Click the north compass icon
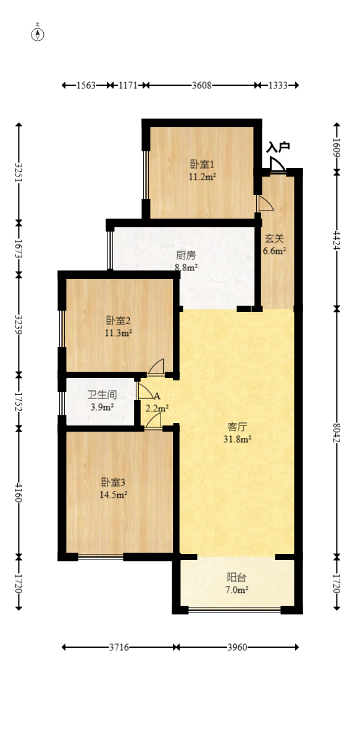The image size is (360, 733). [38, 34]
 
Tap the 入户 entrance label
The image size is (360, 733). [278, 148]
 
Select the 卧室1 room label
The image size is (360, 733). [202, 164]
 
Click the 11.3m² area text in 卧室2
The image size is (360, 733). [119, 333]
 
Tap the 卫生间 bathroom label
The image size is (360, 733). [102, 395]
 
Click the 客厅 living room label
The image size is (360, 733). [238, 427]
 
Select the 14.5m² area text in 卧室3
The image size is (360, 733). [114, 495]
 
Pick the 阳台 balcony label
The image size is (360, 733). [237, 578]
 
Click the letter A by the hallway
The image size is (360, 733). [157, 396]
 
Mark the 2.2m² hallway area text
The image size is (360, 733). [157, 408]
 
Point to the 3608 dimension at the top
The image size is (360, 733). [201, 86]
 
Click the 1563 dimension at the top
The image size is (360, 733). [86, 86]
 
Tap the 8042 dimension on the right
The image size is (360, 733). [337, 432]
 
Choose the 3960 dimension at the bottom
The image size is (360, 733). [237, 647]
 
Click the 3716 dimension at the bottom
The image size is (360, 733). [119, 647]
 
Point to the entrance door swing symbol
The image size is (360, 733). [277, 165]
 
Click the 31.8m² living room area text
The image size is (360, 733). [238, 440]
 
